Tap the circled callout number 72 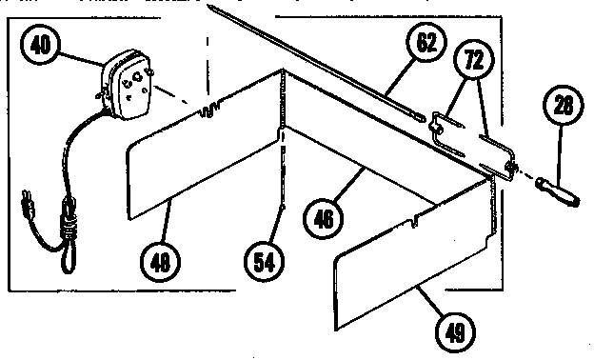[469, 59]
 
